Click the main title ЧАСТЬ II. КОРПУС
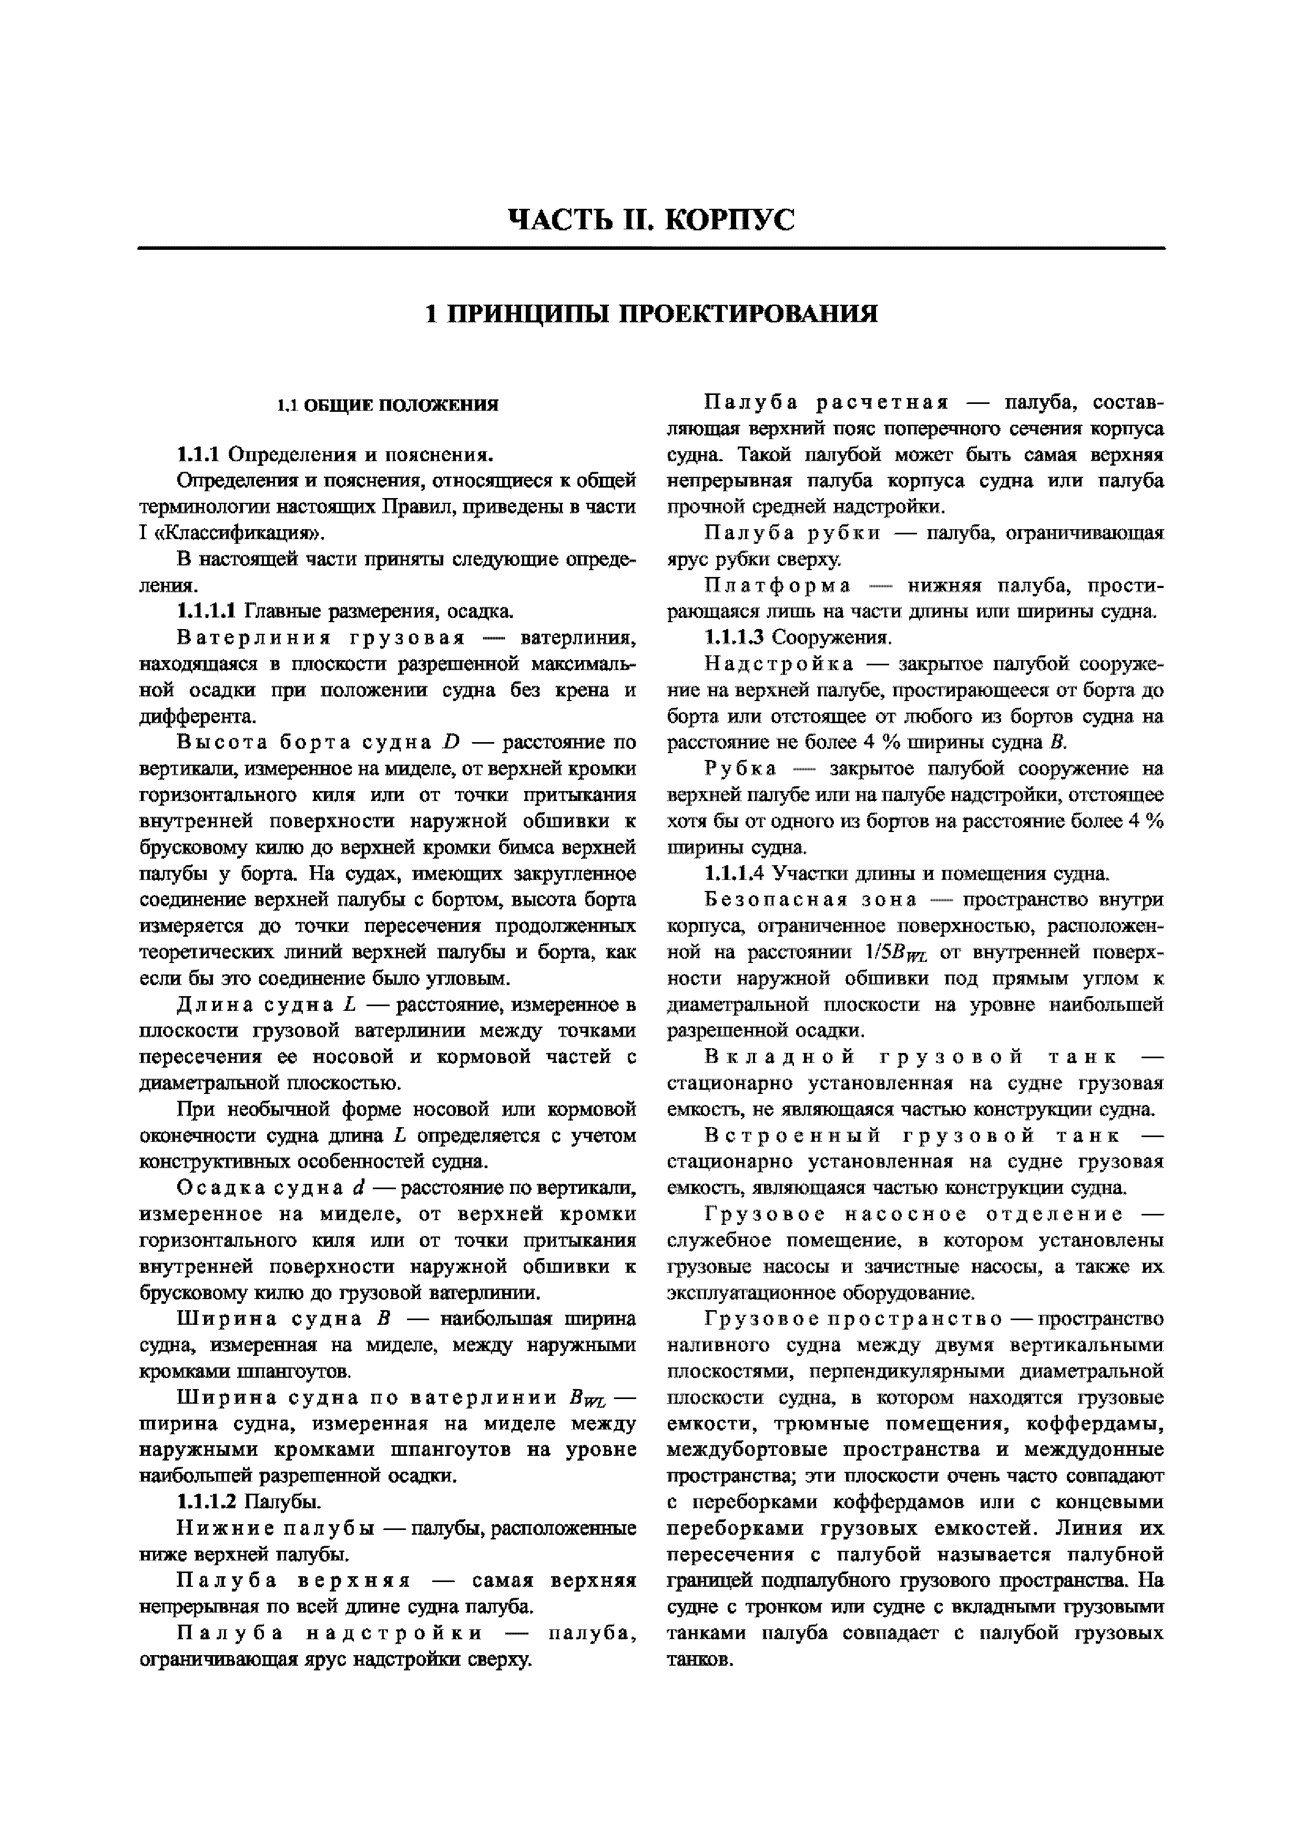click(651, 219)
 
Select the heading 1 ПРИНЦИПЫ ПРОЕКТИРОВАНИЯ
click(651, 313)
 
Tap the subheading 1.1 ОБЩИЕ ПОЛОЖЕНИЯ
click(388, 405)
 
